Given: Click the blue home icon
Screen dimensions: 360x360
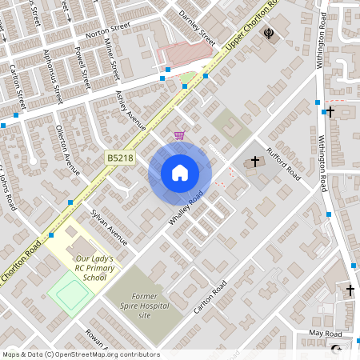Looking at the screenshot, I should [180, 173].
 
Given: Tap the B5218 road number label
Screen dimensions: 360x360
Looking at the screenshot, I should [120, 159].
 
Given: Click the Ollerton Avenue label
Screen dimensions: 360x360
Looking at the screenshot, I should [69, 149].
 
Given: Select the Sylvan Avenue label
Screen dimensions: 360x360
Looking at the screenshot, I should [109, 226].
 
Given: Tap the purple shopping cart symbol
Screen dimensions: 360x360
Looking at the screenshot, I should [179, 135].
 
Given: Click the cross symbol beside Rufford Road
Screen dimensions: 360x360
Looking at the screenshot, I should [255, 162].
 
